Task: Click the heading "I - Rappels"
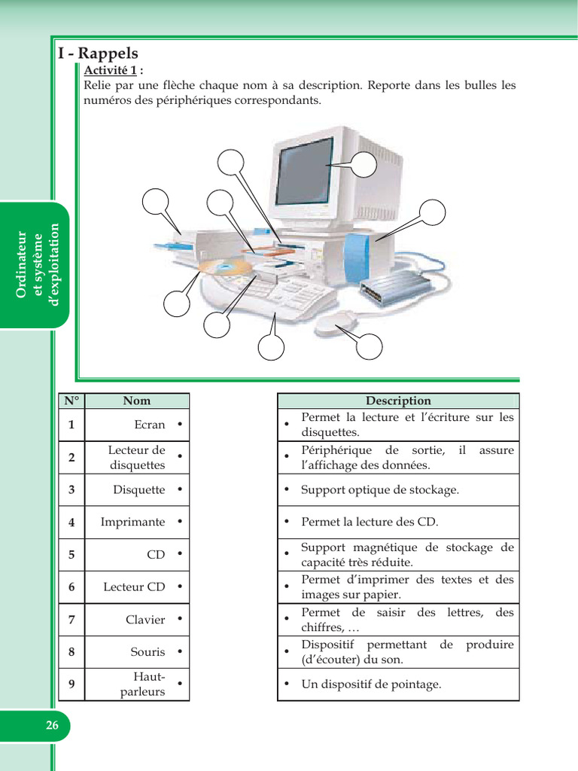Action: coord(98,53)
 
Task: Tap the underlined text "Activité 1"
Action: coord(110,70)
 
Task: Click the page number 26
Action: coord(52,725)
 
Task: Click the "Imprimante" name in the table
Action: coord(132,522)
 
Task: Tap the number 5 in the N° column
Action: coord(71,555)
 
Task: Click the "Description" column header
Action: coord(398,401)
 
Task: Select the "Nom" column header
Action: coord(137,401)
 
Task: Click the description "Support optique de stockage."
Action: coord(380,489)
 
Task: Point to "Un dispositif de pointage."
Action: coord(371,684)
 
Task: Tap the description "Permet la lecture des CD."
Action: coord(369,522)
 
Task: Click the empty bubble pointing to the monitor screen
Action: coord(364,164)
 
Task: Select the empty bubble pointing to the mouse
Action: coord(369,346)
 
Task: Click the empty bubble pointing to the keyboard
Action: coord(271,347)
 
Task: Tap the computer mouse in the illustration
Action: coord(336,324)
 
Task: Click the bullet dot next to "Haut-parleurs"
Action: coord(180,684)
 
